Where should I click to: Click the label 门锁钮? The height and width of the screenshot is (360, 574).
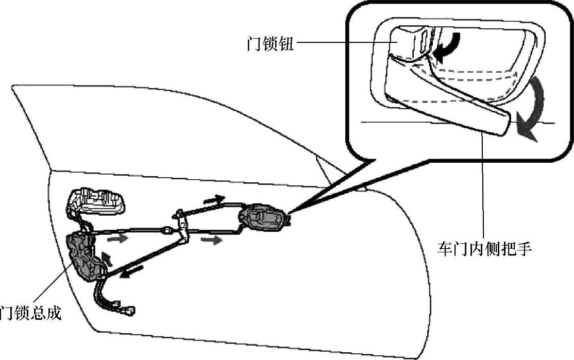pyautogui.click(x=271, y=43)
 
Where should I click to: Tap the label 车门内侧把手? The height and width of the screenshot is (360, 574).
pyautogui.click(x=484, y=249)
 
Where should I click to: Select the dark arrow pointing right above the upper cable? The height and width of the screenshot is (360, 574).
pyautogui.click(x=214, y=199)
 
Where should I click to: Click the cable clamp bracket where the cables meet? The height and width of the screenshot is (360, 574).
pyautogui.click(x=181, y=224)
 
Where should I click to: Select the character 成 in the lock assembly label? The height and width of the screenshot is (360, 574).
pyautogui.click(x=53, y=313)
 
